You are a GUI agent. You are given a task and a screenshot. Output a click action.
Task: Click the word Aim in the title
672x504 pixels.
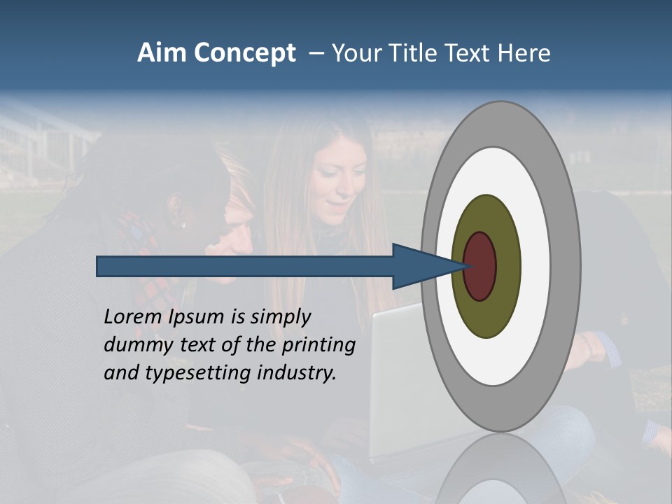click(162, 53)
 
